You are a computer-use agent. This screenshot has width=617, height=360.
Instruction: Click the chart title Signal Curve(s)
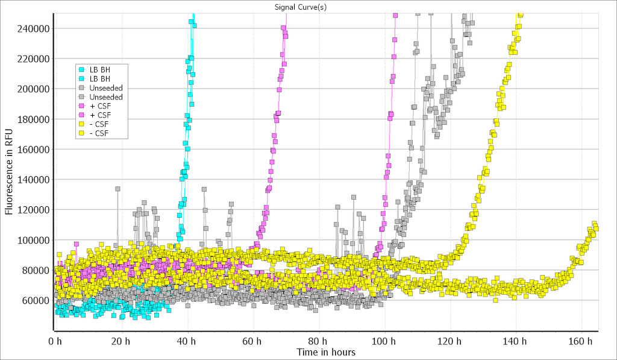(308, 7)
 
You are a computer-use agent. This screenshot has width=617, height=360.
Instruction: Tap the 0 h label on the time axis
(55, 341)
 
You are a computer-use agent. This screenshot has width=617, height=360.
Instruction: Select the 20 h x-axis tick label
(121, 341)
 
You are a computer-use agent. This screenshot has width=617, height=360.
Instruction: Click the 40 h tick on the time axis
(187, 341)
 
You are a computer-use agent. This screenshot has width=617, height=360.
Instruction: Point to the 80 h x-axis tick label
(318, 341)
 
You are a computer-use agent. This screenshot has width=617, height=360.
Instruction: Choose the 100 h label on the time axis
(384, 341)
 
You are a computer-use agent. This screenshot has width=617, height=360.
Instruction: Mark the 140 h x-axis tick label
(515, 341)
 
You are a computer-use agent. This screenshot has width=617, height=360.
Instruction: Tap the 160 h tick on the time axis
(581, 341)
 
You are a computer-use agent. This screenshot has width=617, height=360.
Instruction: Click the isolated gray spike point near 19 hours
(117, 189)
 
